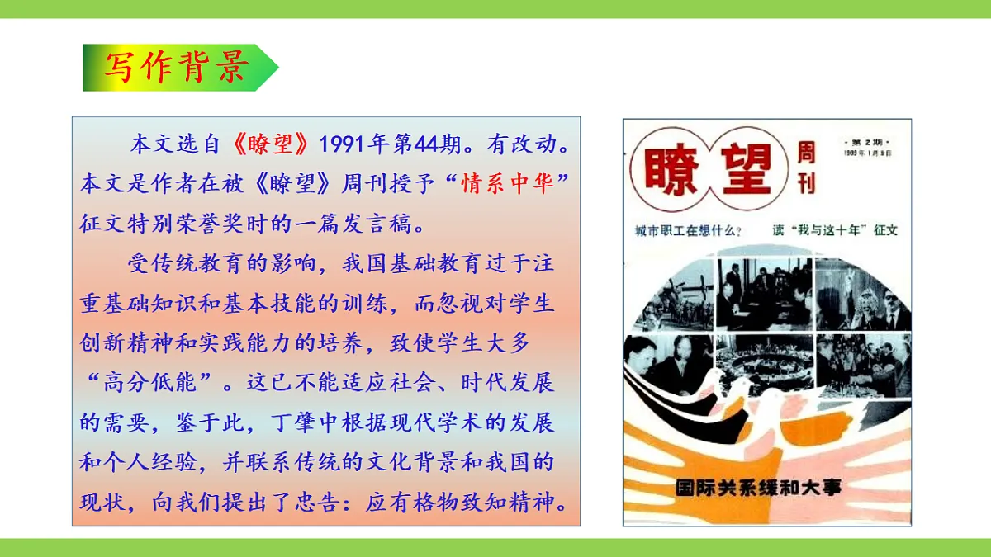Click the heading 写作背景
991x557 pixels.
175,68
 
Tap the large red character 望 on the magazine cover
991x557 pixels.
746,169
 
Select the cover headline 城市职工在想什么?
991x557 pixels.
686,231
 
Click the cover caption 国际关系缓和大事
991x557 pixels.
757,487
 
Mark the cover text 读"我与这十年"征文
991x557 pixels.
834,231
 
